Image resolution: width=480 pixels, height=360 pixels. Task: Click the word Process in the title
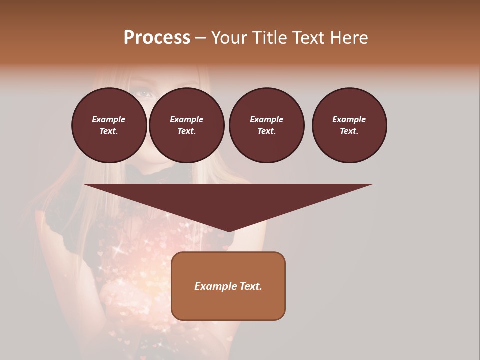click(x=157, y=38)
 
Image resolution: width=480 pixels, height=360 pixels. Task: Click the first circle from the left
click(x=109, y=125)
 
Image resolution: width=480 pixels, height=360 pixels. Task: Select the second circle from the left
click(x=187, y=125)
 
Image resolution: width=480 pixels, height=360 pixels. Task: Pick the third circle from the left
click(x=267, y=125)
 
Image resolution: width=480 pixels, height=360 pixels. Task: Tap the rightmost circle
click(x=349, y=125)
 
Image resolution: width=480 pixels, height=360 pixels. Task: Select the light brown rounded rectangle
click(x=228, y=286)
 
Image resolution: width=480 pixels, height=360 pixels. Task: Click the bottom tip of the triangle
click(x=229, y=231)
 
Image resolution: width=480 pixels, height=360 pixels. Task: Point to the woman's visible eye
click(x=143, y=92)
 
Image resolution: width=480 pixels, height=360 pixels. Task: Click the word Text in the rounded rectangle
click(x=249, y=286)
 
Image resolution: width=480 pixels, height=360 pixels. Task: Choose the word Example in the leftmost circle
click(x=109, y=119)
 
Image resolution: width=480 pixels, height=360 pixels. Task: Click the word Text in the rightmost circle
click(x=348, y=131)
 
